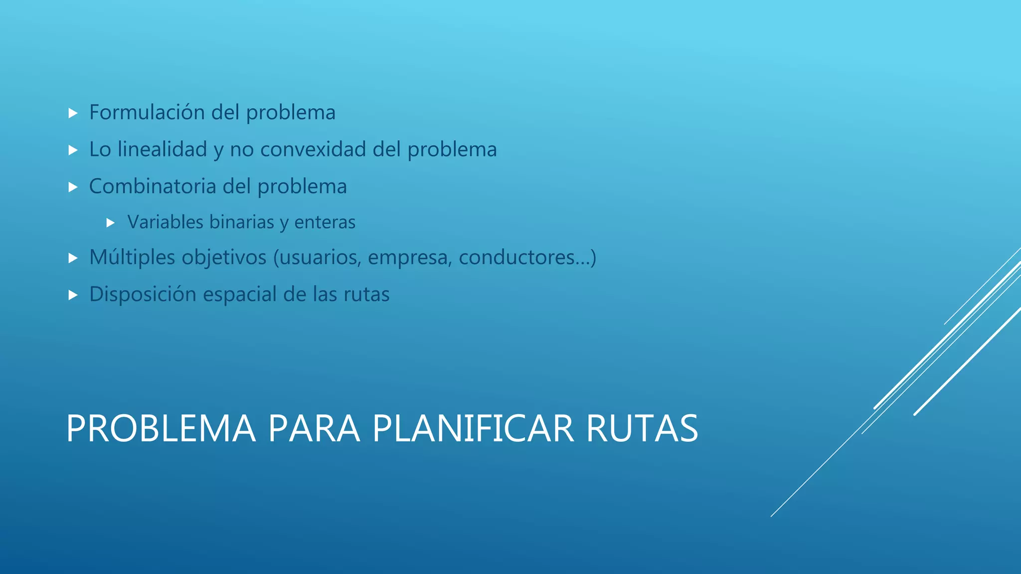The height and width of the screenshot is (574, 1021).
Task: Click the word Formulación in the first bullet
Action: [x=147, y=113]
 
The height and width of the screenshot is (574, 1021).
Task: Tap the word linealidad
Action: [x=162, y=149]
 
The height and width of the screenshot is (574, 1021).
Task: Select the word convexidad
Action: [x=313, y=149]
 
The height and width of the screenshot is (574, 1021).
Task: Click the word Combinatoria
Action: [x=152, y=186]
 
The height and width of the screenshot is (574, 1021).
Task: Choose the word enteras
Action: [x=325, y=222]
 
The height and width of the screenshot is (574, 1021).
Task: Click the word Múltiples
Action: [x=132, y=258]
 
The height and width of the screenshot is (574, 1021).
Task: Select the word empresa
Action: [x=410, y=258]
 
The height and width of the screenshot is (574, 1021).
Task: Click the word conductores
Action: [x=516, y=258]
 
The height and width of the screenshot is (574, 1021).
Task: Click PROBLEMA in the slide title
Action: [x=161, y=429]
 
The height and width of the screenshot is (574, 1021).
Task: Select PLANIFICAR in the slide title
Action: [x=473, y=429]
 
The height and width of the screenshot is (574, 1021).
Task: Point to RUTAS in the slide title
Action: [x=642, y=429]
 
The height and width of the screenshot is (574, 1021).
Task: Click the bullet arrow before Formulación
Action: [x=73, y=114]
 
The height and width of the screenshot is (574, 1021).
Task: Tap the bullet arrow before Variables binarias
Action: [x=111, y=223]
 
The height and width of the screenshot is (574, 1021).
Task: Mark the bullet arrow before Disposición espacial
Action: [x=73, y=295]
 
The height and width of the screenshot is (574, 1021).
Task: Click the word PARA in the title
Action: [x=314, y=429]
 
